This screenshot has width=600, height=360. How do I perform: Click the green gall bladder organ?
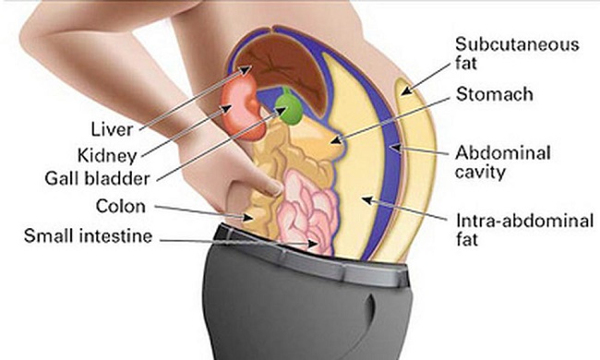[x=292, y=108]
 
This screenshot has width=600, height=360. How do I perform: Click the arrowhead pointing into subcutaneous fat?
[x=405, y=90]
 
